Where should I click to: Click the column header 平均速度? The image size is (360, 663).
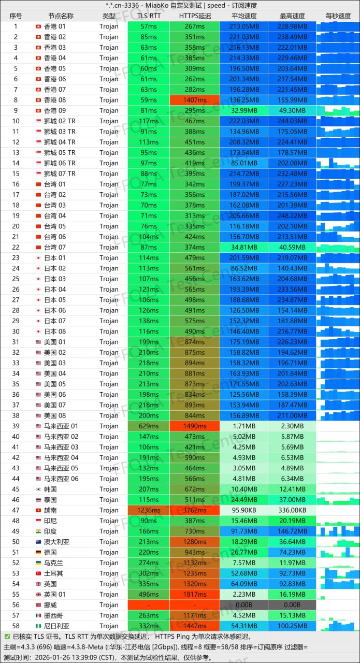244,16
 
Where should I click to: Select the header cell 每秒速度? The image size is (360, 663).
338,16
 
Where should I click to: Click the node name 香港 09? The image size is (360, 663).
54,110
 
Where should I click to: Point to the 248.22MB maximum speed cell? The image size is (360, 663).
292,215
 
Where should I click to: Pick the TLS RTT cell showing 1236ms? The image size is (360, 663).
149,510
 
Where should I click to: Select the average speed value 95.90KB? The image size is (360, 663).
244,510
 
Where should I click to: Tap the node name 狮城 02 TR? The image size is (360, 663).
60,121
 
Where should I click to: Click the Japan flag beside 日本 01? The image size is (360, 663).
38,258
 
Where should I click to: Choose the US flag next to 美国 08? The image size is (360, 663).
38,415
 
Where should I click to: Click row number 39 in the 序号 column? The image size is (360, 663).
16,426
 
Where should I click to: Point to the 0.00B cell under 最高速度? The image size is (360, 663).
292,604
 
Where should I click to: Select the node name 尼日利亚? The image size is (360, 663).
56,626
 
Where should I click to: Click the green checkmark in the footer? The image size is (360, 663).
7,636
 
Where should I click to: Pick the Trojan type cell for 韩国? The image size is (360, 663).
109,489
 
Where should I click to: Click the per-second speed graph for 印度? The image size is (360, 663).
338,531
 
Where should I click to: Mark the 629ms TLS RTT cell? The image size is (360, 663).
149,426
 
